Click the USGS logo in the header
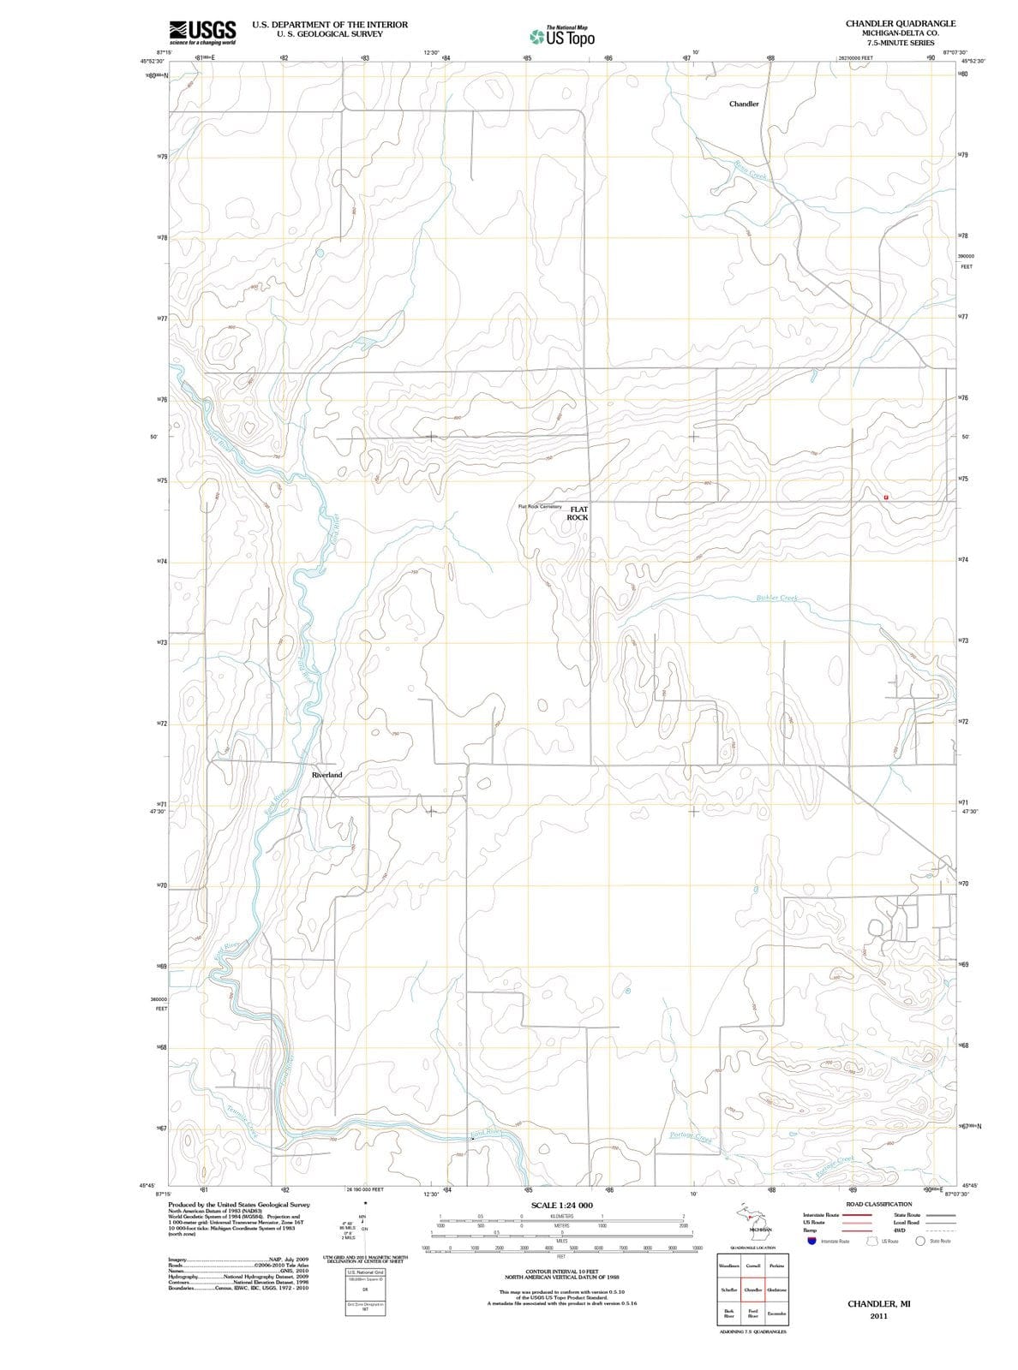point(202,31)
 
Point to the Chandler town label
point(743,104)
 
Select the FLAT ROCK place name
point(578,513)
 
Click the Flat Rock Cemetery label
point(540,506)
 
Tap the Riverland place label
point(326,774)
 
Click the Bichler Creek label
point(777,598)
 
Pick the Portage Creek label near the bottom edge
point(691,1136)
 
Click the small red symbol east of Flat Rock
point(887,497)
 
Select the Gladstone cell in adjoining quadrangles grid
point(777,1290)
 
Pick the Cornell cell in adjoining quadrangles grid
point(753,1266)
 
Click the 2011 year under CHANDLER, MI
point(877,1316)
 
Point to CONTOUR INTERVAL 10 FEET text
point(561,1272)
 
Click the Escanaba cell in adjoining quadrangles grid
point(777,1313)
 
